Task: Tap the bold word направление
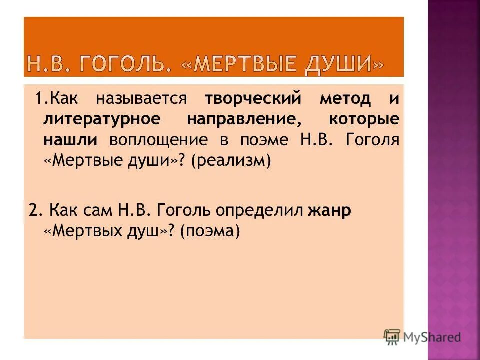click(x=240, y=119)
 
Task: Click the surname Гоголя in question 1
click(x=372, y=140)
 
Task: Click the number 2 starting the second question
click(x=33, y=210)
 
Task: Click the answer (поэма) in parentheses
click(x=210, y=231)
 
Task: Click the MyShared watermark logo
click(x=422, y=337)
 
